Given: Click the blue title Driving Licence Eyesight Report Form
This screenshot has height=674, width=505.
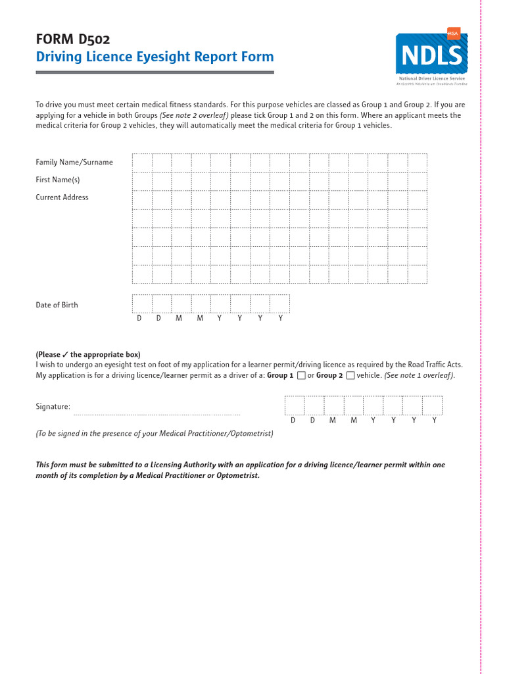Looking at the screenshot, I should pos(155,57).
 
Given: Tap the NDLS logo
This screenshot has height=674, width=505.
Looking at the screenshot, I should pos(431,54).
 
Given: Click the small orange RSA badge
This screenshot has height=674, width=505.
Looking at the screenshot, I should pos(453,33).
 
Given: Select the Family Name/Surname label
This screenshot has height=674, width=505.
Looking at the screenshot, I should pos(74,162).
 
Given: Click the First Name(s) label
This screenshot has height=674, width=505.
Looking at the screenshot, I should pos(58,180).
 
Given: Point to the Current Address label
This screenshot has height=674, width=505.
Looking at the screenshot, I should pos(62,197).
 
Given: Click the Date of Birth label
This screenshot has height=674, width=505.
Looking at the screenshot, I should pos(57,305).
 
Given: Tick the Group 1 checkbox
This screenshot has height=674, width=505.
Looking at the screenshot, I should pos(301,376).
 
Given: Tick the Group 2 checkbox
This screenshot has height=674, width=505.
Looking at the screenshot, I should pos(350,376).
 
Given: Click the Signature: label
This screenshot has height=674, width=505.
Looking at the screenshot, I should pos(53,407).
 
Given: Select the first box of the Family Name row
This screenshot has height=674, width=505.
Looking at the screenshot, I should pos(142,163).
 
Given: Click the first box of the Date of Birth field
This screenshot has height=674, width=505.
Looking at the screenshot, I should pos(142,303).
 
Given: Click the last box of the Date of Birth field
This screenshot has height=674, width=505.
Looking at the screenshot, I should pos(279,303).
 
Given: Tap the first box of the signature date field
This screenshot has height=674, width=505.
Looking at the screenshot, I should pos(294,405).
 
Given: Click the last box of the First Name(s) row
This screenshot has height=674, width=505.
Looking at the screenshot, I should pos(417,181).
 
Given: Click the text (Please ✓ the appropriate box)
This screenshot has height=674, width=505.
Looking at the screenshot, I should pos(88,354).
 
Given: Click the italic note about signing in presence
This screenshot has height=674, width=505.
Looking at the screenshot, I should pos(155,434).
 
